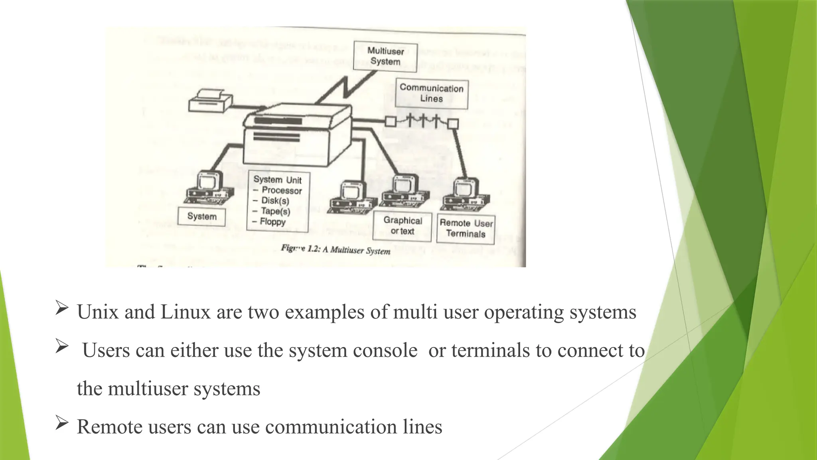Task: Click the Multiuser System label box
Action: [385, 57]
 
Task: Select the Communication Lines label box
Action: [431, 94]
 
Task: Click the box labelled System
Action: [201, 216]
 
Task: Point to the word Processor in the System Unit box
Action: [282, 190]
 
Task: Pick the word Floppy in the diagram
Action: [273, 222]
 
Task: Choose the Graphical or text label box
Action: [402, 226]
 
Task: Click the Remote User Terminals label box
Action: [466, 228]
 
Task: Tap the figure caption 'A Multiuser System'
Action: [356, 250]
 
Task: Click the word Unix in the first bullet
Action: [98, 312]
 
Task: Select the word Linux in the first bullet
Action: [185, 312]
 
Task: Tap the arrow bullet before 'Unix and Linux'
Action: [62, 308]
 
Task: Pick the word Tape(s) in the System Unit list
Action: [275, 211]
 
